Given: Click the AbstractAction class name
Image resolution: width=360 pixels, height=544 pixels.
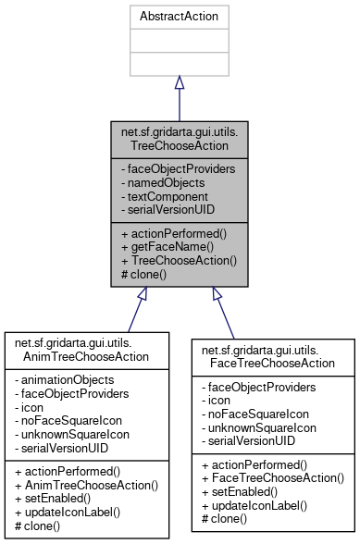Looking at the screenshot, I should (179, 17).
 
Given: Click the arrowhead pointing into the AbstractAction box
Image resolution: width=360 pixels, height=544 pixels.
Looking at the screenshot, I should (179, 83).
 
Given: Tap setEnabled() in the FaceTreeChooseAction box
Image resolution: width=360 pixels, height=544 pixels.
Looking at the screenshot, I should (240, 492).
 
